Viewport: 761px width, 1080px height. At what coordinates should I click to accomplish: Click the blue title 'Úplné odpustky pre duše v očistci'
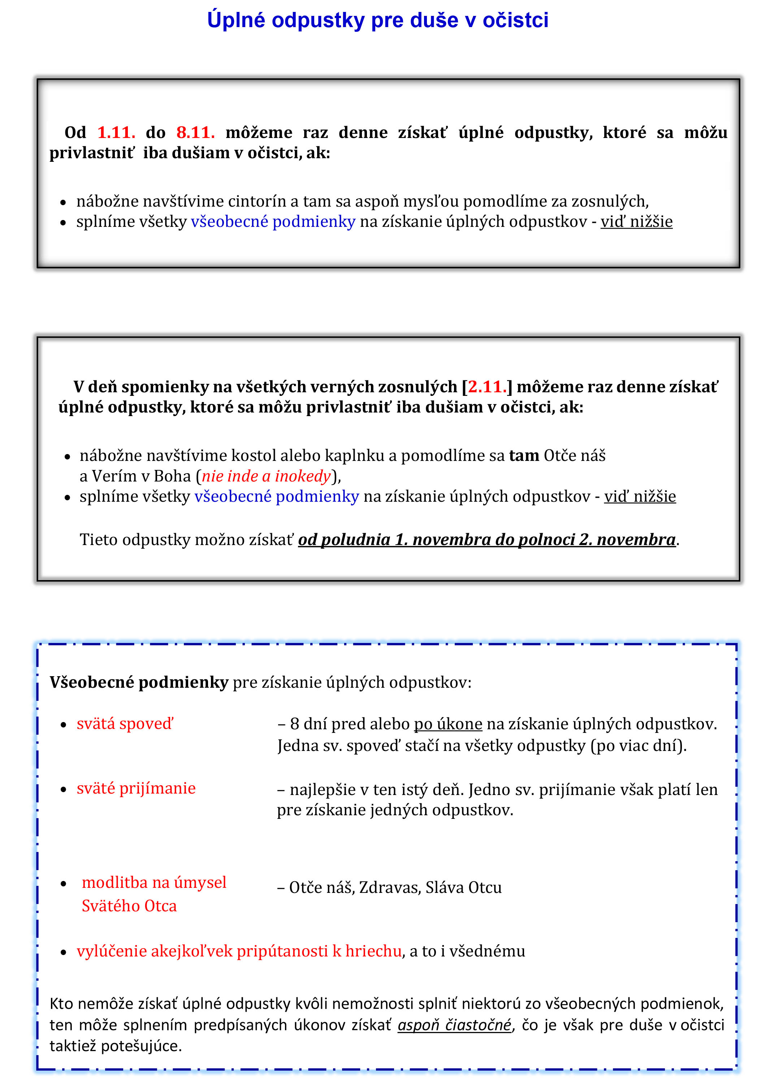pos(378,20)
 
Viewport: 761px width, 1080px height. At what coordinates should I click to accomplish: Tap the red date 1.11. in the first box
pos(116,133)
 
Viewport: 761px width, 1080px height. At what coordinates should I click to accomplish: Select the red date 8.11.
pos(195,133)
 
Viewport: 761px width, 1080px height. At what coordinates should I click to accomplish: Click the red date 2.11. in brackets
pos(487,386)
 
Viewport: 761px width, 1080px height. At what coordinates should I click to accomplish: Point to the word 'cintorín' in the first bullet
pos(257,201)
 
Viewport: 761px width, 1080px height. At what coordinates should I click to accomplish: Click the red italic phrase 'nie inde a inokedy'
pos(266,476)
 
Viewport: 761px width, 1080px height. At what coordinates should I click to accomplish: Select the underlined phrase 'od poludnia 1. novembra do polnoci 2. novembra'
pos(487,540)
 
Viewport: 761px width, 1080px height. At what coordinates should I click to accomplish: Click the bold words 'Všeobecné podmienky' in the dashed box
pos(139,682)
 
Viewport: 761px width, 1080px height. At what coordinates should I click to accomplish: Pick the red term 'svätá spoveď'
pos(125,724)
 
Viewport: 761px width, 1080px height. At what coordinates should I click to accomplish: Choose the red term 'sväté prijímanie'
pos(136,789)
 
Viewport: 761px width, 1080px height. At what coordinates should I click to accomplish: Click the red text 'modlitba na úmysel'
pos(154,882)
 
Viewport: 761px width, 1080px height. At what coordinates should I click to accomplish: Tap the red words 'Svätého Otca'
pos(129,906)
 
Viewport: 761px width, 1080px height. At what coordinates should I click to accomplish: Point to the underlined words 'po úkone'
pos(448,724)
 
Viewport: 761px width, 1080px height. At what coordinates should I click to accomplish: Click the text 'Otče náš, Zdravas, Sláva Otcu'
pos(395,887)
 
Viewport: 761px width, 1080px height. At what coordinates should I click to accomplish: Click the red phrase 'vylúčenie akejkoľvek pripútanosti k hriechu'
pos(239,951)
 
